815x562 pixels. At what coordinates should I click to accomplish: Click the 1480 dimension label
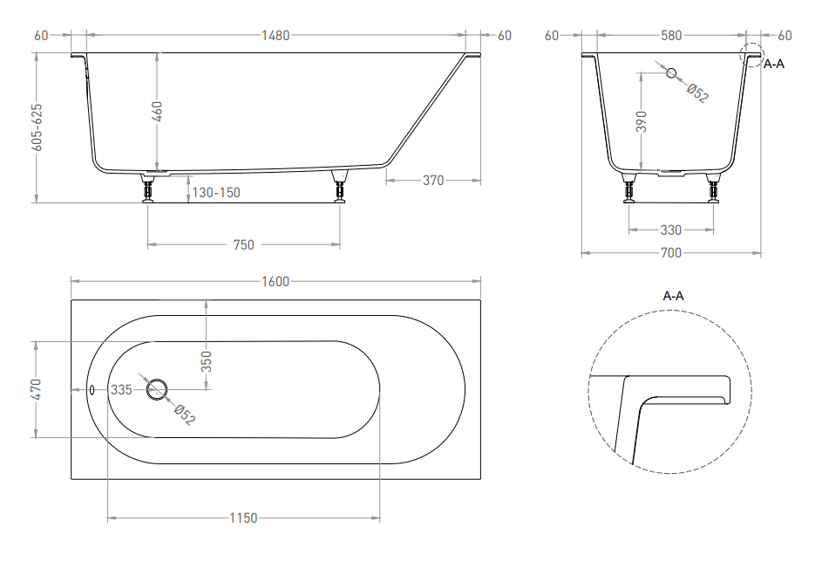[275, 36]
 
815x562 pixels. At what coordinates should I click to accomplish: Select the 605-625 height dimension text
[36, 127]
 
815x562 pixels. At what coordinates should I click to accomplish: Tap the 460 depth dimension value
[157, 112]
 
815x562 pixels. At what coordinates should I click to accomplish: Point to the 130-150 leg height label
[216, 193]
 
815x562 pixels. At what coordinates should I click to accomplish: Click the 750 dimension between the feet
[244, 244]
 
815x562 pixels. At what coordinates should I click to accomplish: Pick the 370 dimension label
[433, 181]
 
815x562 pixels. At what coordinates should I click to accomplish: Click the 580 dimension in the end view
[671, 36]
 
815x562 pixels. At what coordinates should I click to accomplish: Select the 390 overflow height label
[642, 121]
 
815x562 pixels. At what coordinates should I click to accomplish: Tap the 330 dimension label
[670, 230]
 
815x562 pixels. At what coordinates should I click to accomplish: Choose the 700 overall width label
[670, 253]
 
